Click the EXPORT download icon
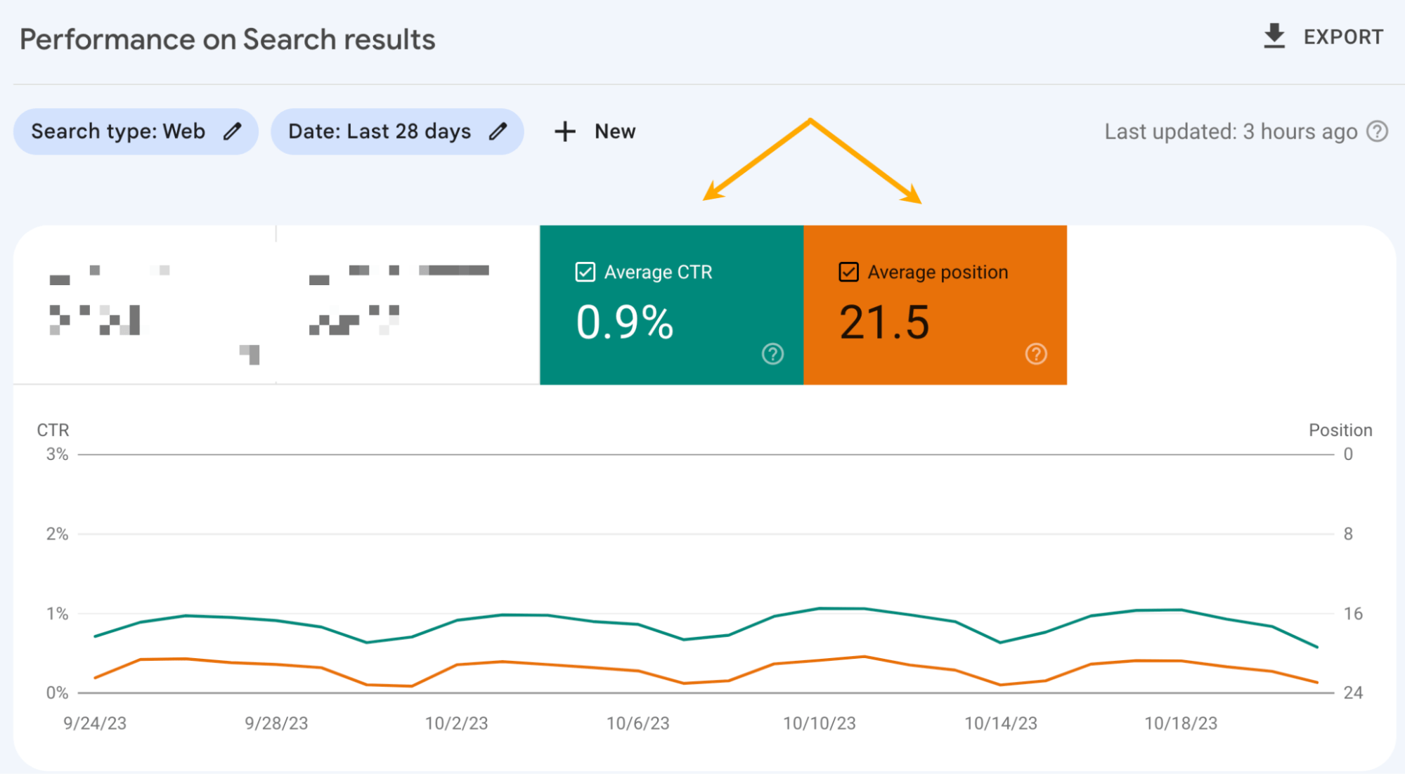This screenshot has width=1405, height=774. point(1274,36)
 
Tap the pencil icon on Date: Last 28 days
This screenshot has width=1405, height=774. point(498,131)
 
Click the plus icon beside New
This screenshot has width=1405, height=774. point(564,131)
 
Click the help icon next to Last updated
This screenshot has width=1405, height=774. point(1377,131)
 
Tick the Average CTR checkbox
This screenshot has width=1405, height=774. point(585,272)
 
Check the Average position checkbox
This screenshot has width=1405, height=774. point(848,272)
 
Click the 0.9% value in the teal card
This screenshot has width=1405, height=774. point(624,322)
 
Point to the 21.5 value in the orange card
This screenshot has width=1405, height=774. point(884,322)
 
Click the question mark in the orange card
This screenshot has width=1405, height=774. point(1035,354)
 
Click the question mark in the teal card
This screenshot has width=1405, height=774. point(772,354)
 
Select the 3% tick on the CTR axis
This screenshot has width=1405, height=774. point(57,454)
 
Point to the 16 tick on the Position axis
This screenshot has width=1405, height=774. point(1352,614)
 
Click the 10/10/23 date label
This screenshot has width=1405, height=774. point(819,723)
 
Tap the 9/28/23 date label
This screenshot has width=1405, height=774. point(276,723)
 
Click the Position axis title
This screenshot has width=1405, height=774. point(1340,430)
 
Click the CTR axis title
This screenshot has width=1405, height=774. point(53,430)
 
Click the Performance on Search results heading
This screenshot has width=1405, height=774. point(227,39)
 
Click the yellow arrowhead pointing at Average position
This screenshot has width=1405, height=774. point(912,195)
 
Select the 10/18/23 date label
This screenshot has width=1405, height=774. point(1180,723)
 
